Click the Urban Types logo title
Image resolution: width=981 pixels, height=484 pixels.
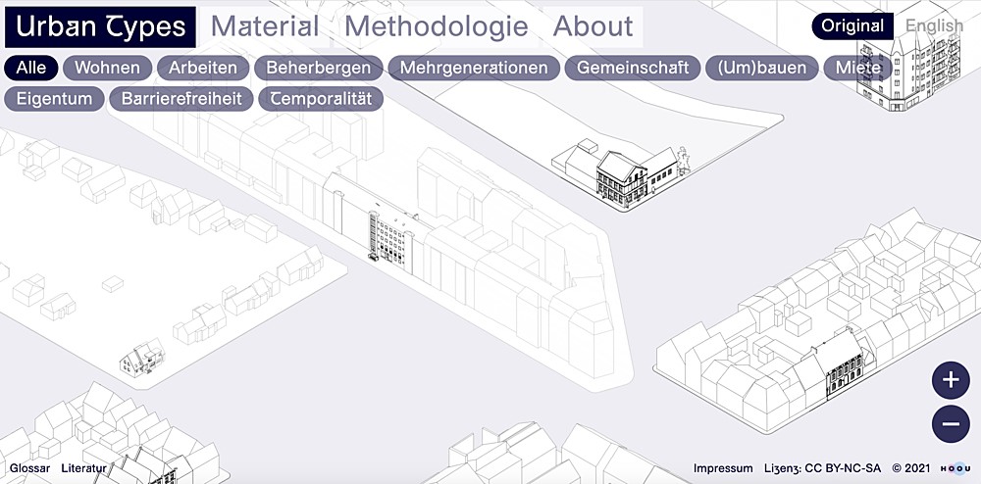click(101, 26)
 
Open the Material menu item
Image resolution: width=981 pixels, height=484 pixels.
click(265, 26)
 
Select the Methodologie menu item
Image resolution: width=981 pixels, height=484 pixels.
click(437, 26)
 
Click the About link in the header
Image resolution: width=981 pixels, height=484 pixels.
click(593, 26)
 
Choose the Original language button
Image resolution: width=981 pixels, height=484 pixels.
click(852, 26)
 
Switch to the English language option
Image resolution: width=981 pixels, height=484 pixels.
click(933, 26)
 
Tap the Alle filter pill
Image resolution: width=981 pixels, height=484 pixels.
click(30, 68)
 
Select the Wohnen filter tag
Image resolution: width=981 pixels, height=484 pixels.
click(108, 68)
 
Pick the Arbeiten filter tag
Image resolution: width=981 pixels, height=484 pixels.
click(203, 68)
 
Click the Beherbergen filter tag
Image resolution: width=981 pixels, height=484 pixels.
click(319, 68)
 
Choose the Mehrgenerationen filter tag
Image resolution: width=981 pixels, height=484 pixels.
click(474, 68)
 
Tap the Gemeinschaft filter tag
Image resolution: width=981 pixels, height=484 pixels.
click(633, 68)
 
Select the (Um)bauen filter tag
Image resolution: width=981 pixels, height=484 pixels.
click(762, 68)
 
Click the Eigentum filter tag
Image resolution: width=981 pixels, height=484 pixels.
click(54, 99)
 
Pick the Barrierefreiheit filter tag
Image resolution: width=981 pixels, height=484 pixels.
click(181, 99)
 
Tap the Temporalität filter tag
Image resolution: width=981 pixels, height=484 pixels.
click(321, 99)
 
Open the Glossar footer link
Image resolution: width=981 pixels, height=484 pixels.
click(29, 468)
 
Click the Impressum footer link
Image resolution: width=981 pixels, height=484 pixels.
click(723, 468)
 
